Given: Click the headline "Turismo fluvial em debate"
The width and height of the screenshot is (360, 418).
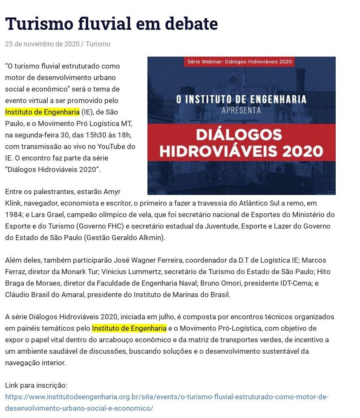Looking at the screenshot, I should (x=111, y=24).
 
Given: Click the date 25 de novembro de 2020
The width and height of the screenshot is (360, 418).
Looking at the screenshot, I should (x=42, y=44).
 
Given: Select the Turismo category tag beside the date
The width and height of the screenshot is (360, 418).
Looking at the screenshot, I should (x=98, y=44).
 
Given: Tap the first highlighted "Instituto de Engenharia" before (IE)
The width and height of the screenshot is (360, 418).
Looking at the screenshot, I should (x=42, y=112).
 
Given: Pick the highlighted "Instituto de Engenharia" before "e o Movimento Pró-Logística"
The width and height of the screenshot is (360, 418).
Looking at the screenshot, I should (x=129, y=328).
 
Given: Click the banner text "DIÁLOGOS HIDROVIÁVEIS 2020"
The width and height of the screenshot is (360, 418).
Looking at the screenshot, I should (x=241, y=143).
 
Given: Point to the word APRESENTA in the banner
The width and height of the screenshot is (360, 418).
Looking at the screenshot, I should (x=241, y=111).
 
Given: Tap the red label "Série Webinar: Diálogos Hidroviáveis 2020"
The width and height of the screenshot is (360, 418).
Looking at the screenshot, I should (x=240, y=62).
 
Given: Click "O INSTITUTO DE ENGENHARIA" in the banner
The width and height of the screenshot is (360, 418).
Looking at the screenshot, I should (x=241, y=100).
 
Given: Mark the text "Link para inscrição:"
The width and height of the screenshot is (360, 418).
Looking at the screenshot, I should (x=36, y=385).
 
